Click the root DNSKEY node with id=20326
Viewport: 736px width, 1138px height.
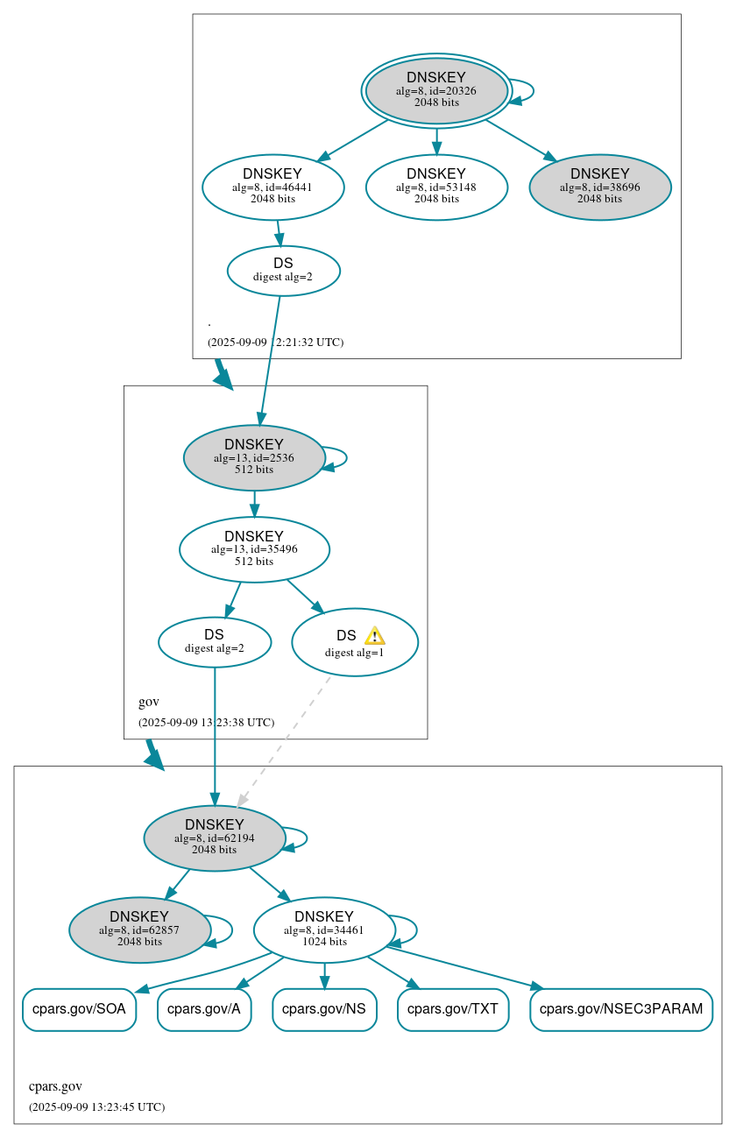point(436,90)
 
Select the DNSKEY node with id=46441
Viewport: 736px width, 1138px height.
point(272,187)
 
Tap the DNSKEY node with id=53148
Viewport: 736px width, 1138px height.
point(436,187)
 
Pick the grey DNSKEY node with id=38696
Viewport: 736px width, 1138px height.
point(600,187)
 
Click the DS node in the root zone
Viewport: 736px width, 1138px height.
point(283,270)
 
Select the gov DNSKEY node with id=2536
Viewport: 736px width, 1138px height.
point(254,457)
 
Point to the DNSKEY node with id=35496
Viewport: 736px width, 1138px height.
point(254,549)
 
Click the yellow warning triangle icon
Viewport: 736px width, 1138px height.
point(374,636)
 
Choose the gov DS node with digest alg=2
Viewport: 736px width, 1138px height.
point(215,641)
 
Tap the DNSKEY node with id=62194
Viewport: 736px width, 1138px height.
point(215,838)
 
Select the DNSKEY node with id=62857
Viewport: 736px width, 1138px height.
point(139,929)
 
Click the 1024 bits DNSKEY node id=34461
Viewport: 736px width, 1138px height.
point(324,929)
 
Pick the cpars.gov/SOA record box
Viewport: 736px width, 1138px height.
point(79,1009)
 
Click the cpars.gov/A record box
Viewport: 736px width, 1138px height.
point(204,1009)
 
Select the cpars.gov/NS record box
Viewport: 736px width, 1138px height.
point(324,1009)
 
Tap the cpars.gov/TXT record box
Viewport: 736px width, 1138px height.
point(453,1009)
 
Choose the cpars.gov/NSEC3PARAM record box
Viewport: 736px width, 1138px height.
point(621,1009)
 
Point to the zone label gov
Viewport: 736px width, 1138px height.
point(149,702)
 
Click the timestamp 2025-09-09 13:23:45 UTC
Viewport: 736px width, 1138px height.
point(96,1106)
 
